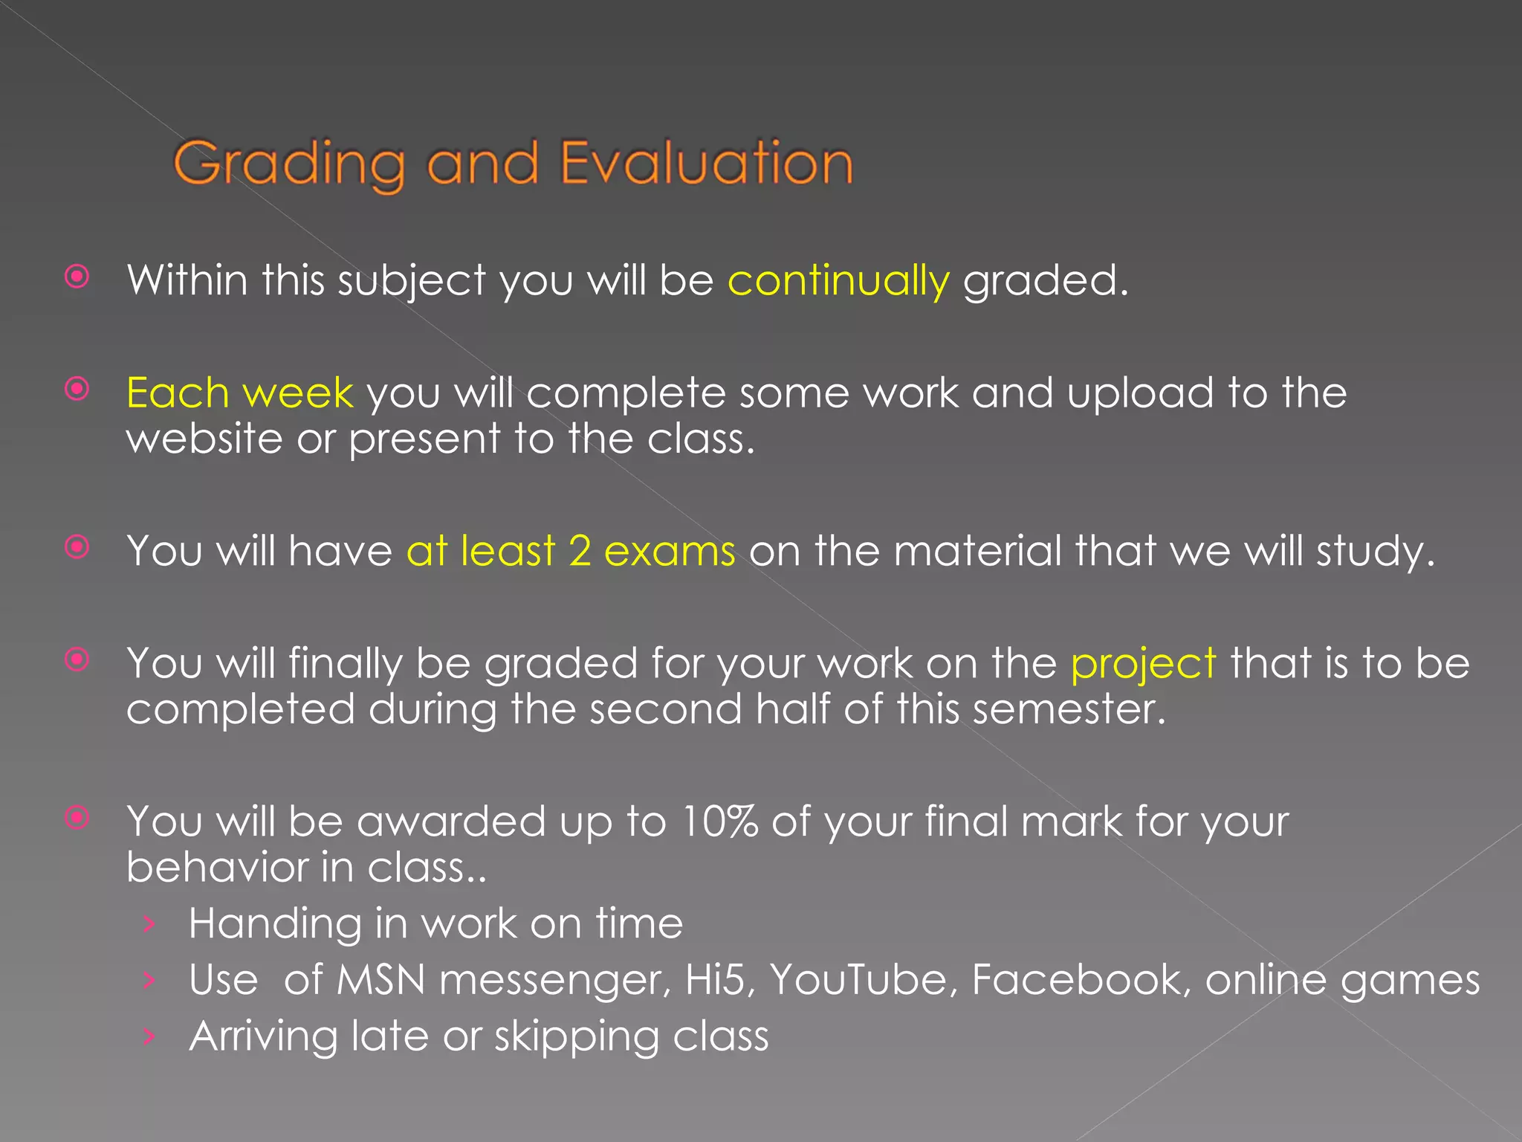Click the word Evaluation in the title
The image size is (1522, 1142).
pos(706,163)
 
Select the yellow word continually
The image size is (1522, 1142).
pos(838,282)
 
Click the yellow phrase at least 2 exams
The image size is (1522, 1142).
pos(571,552)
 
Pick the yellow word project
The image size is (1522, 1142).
pos(1143,664)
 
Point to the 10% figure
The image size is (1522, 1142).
pos(719,822)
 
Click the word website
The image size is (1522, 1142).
pos(204,439)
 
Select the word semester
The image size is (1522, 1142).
pos(1069,709)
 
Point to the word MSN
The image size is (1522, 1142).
pos(380,980)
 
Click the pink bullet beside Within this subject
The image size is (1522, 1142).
pos(77,277)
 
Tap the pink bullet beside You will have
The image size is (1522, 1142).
pos(77,547)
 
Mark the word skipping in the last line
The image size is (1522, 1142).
pos(577,1036)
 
